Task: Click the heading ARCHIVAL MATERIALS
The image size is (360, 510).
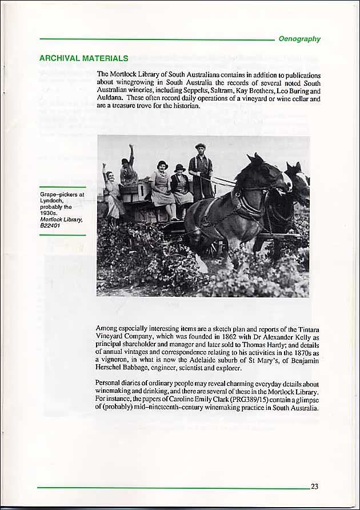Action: point(83,58)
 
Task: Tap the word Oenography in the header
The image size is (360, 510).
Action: point(299,39)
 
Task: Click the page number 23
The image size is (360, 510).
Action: point(314,487)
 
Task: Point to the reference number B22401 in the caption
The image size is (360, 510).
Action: point(50,226)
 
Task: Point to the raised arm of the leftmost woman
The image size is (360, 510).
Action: point(104,169)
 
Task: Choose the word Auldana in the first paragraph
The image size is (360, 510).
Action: point(110,98)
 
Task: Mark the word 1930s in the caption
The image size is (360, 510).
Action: point(49,213)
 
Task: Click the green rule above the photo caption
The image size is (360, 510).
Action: point(62,187)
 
